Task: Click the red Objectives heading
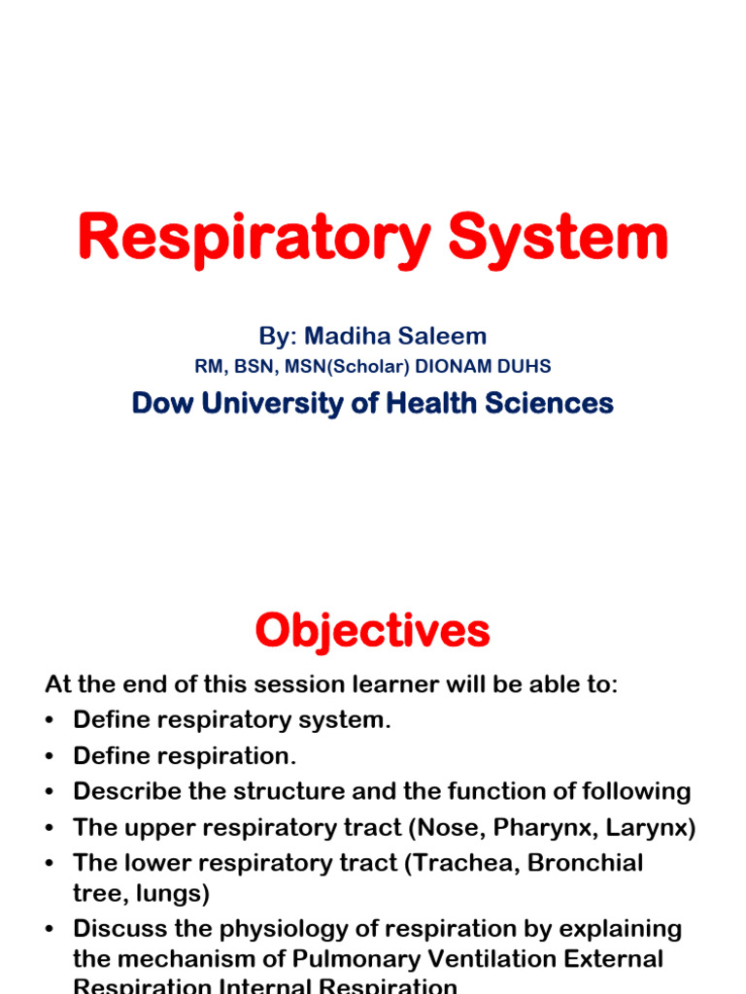(x=372, y=632)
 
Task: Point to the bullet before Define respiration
(x=51, y=756)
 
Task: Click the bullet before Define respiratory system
(x=51, y=720)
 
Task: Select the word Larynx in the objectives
(x=653, y=827)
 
